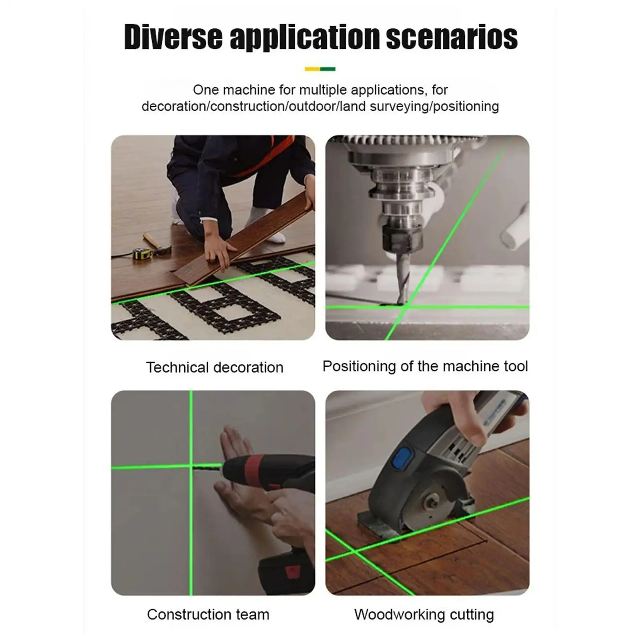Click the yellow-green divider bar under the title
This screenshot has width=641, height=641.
click(320, 69)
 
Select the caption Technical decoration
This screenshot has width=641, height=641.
click(215, 367)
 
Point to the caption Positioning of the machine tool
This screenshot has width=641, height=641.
click(425, 366)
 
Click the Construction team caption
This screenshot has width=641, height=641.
click(208, 614)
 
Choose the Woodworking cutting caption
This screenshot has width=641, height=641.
click(424, 614)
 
